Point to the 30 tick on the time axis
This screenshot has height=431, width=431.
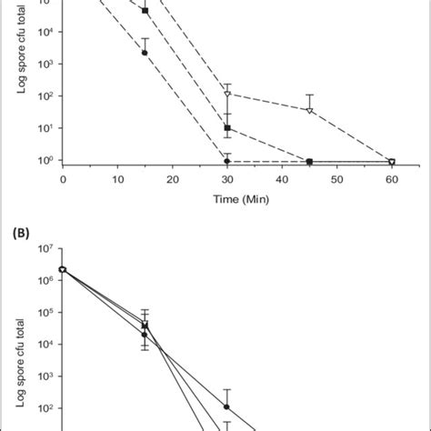tap(226, 179)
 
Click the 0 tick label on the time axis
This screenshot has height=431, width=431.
tap(63, 179)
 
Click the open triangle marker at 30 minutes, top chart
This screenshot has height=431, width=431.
tap(227, 95)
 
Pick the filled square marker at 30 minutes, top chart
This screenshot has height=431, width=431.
tap(227, 128)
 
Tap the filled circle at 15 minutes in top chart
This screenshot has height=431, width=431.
tap(145, 53)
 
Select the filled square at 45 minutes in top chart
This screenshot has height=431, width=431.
tap(309, 161)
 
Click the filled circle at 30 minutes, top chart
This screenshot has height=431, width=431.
tap(227, 161)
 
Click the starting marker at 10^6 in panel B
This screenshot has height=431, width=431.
tap(62, 269)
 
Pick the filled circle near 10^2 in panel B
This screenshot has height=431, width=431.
tap(227, 406)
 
